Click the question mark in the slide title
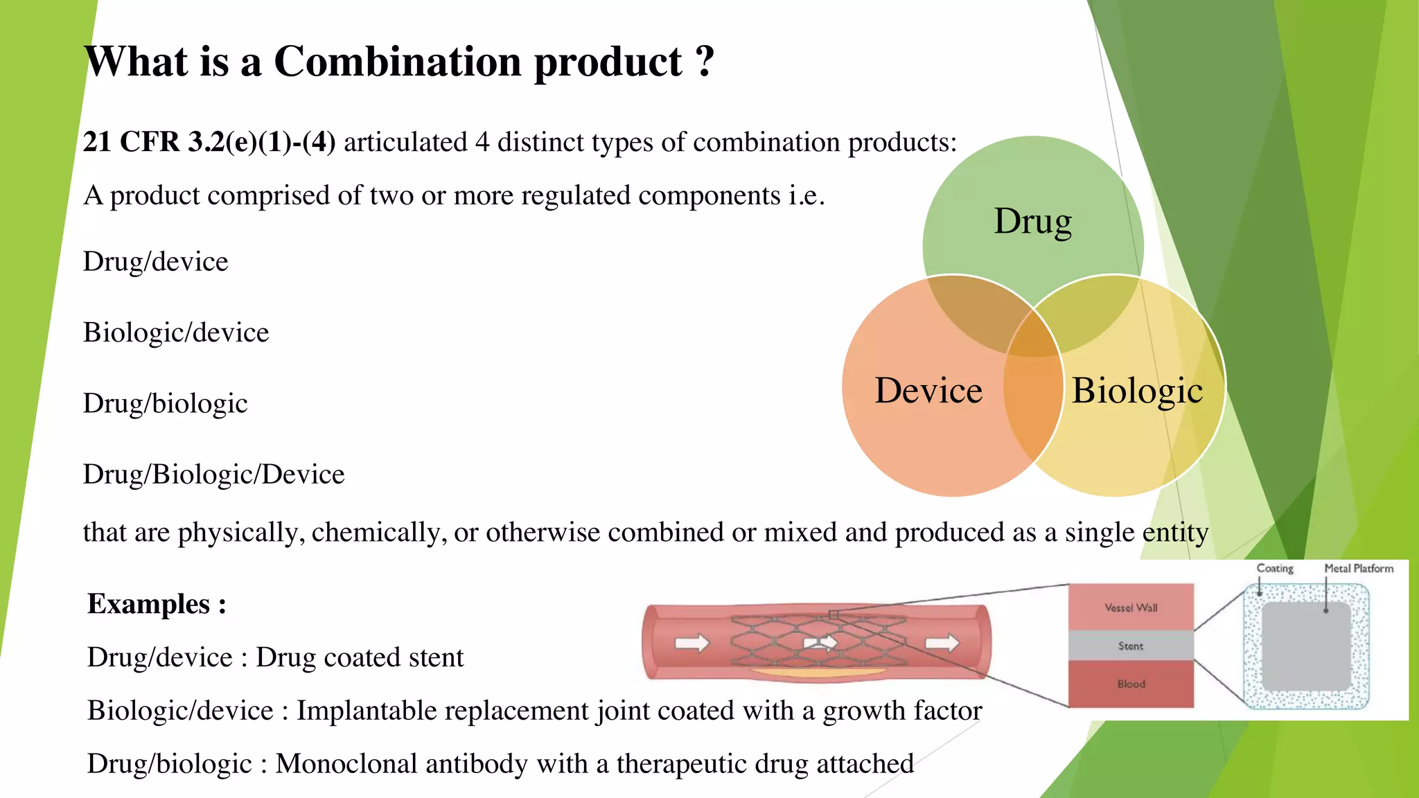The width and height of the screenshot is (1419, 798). [705, 62]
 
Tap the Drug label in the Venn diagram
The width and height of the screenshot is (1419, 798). [1032, 222]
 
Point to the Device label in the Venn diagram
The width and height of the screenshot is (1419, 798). [928, 391]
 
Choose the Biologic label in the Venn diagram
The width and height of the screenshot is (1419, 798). [1137, 391]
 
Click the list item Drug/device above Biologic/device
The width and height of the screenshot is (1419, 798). [155, 262]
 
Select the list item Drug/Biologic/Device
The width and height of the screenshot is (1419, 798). [213, 475]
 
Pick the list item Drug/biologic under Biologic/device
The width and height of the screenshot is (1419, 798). [165, 403]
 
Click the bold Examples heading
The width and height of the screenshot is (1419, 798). [157, 604]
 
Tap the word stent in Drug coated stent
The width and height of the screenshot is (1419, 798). [436, 657]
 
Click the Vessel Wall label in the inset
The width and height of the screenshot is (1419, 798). [1131, 608]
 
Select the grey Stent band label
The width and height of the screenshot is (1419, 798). [1131, 646]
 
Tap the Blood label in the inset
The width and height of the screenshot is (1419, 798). [1131, 684]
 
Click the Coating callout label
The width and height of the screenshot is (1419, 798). [1275, 568]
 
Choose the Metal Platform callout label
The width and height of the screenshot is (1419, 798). [1359, 568]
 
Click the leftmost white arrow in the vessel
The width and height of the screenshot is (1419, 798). [692, 643]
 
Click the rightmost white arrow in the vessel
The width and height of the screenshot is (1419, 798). [942, 643]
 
